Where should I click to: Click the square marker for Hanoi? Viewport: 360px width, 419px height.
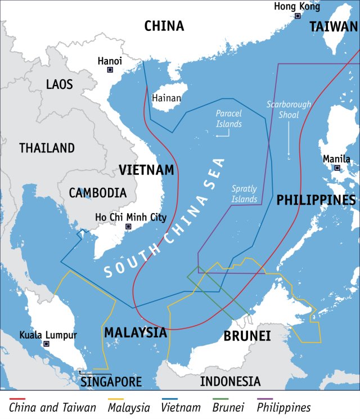coord(110,70)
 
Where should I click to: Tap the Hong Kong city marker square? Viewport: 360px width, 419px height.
coord(298,16)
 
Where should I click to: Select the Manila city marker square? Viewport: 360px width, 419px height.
coord(337,168)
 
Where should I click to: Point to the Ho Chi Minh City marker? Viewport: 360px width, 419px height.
coord(128,227)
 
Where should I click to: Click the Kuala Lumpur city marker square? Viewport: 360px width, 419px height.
coord(47,344)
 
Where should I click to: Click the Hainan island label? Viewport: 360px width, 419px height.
coord(166,98)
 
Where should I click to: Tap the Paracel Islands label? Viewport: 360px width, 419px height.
coord(228,119)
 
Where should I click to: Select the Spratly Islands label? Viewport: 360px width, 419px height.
coord(245,194)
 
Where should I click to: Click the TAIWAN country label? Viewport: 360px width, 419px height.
coord(333,26)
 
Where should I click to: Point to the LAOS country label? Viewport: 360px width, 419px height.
coord(60,84)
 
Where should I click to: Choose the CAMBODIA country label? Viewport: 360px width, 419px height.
coord(98,192)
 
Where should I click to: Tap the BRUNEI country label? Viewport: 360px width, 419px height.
coord(247,336)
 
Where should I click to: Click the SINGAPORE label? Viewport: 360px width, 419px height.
coord(111,382)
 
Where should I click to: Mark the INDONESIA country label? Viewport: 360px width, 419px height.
coord(231,381)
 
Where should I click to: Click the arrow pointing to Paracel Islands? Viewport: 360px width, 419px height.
coord(222,135)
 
